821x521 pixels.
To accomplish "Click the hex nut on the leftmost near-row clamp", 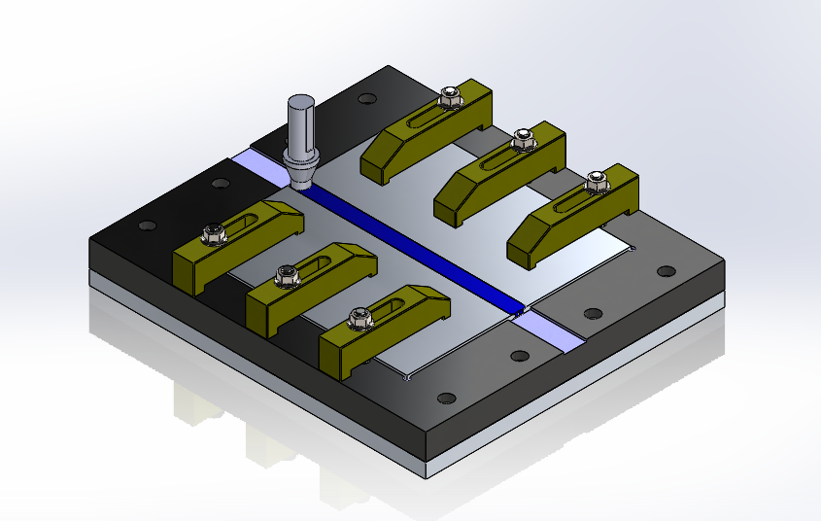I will click(209, 233).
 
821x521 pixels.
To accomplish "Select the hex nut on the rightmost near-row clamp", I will click(358, 316).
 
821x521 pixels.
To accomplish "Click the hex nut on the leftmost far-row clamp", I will click(449, 97).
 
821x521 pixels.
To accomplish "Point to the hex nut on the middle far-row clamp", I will click(523, 138).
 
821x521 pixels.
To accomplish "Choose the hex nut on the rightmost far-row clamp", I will click(596, 181).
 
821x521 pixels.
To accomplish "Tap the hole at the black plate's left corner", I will click(147, 226).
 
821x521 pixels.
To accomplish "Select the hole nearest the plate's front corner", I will click(446, 399).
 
